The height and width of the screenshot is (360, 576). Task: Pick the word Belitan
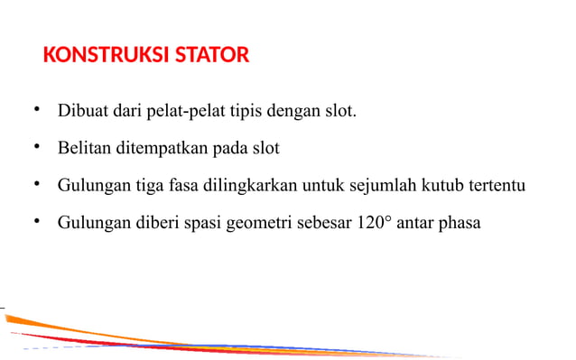click(x=85, y=149)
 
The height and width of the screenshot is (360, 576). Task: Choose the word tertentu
click(x=498, y=185)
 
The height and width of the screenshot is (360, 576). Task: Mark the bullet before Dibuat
click(x=37, y=111)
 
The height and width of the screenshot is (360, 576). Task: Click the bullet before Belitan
click(x=37, y=147)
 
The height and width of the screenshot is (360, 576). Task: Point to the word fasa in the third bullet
click(x=184, y=185)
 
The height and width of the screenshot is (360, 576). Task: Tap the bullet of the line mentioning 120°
click(x=37, y=220)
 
